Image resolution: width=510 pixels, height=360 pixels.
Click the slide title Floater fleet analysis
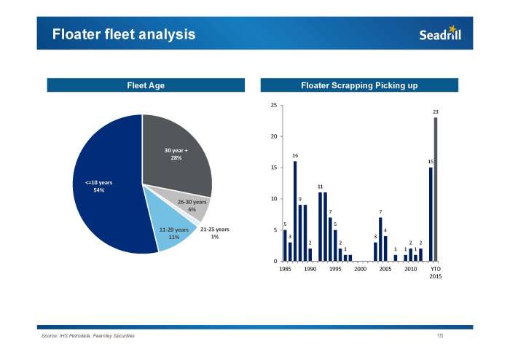[x=123, y=34]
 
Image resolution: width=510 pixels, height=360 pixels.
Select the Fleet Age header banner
[x=146, y=86]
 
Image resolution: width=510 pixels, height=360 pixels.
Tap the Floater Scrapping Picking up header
[x=359, y=86]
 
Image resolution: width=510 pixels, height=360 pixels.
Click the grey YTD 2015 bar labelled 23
[x=436, y=189]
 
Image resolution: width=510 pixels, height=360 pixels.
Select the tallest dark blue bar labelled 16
[x=295, y=211]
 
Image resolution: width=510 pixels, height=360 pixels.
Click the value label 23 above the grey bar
[x=436, y=111]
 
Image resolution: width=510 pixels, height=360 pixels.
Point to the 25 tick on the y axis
[x=272, y=106]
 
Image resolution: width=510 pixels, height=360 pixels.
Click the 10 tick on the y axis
[x=272, y=199]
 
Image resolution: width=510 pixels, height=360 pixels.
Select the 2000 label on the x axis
[x=360, y=269]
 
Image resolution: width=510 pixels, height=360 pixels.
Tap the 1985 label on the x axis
[x=284, y=269]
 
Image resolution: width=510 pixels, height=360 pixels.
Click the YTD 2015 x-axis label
[x=435, y=273]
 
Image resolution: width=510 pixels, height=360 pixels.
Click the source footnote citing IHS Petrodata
[x=88, y=336]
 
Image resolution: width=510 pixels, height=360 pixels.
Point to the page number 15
[x=440, y=336]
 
